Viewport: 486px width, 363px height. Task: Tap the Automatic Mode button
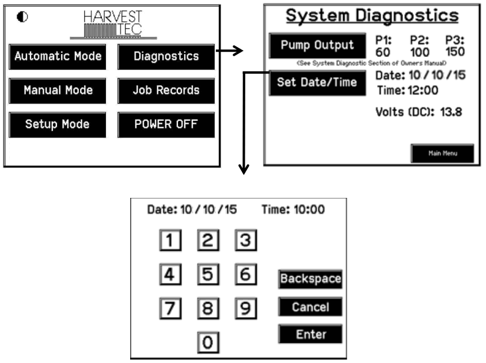pyautogui.click(x=58, y=56)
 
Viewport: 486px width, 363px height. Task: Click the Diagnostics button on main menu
pyautogui.click(x=166, y=56)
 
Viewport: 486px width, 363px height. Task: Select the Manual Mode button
pyautogui.click(x=58, y=90)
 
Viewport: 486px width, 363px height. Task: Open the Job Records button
pyautogui.click(x=166, y=90)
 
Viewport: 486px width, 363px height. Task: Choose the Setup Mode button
pyautogui.click(x=58, y=124)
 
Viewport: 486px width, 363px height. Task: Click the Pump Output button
pyautogui.click(x=317, y=46)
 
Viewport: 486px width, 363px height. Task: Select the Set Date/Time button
pyautogui.click(x=317, y=82)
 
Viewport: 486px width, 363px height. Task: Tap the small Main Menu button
pyautogui.click(x=442, y=154)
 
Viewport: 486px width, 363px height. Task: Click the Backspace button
pyautogui.click(x=310, y=279)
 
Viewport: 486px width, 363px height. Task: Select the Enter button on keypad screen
pyautogui.click(x=310, y=334)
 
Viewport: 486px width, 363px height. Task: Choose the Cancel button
pyautogui.click(x=310, y=307)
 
